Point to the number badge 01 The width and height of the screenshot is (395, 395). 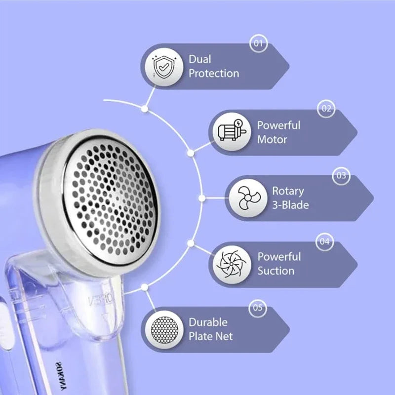tap(258, 43)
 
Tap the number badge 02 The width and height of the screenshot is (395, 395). tap(326, 109)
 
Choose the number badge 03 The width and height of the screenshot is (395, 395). tap(341, 175)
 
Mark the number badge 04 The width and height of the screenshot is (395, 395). tap(324, 241)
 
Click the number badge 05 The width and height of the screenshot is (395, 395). tap(258, 308)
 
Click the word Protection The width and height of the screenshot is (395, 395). tap(214, 74)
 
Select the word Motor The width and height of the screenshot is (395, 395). tap(272, 140)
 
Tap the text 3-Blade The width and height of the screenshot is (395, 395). tap(290, 205)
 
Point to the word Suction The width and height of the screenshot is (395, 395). tap(276, 271)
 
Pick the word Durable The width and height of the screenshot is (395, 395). tap(208, 322)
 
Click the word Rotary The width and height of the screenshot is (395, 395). tap(288, 191)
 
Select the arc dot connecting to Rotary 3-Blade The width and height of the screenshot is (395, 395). tap(202, 198)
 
